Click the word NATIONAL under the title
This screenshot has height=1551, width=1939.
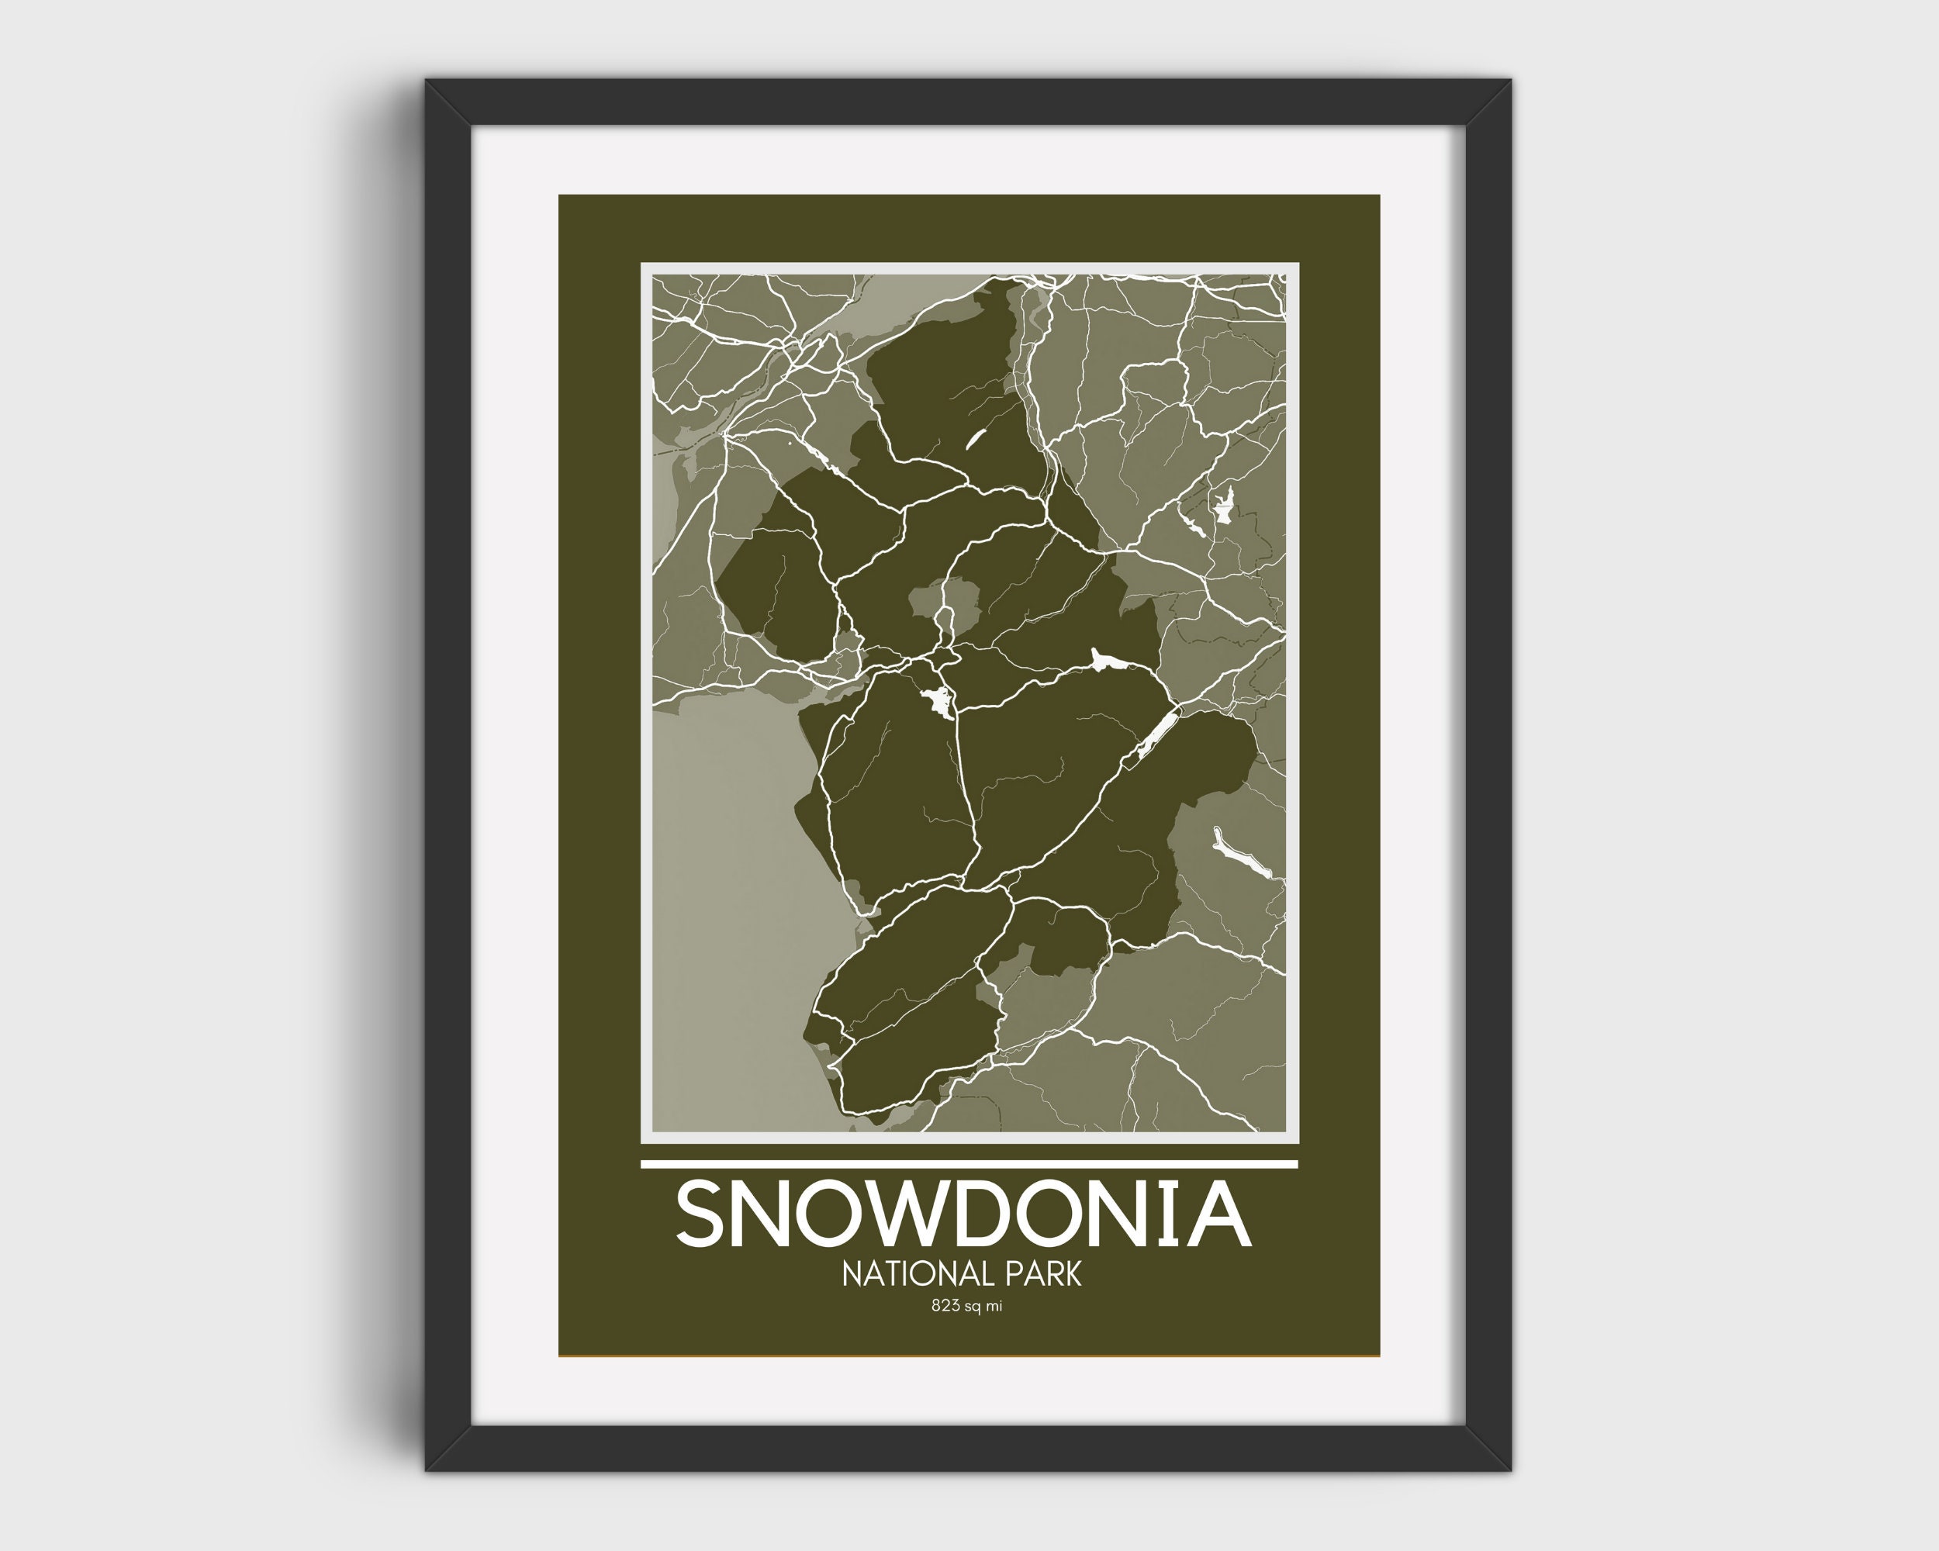click(x=907, y=1274)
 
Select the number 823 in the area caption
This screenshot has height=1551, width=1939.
click(x=945, y=1307)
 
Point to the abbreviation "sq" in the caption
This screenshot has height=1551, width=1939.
click(x=972, y=1307)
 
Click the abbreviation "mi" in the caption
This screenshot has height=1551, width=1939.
click(x=993, y=1307)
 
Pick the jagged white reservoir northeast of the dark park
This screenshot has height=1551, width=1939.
click(x=1223, y=508)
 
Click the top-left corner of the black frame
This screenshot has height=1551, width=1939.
click(x=430, y=84)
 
